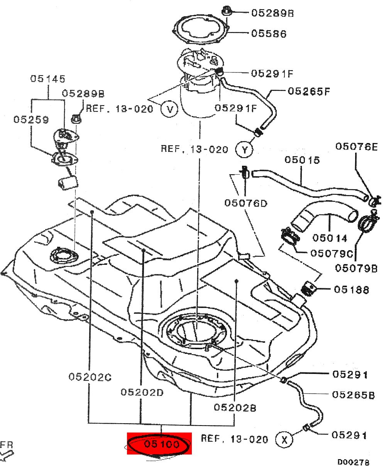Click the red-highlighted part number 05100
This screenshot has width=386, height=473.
tap(161, 444)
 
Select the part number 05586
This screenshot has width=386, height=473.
tap(269, 34)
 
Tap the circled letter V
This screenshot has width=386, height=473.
tap(170, 109)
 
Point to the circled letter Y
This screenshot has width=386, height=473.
tap(244, 150)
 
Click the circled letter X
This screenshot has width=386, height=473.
tap(284, 439)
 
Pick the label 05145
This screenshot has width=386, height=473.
tap(48, 79)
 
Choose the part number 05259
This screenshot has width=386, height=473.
tap(31, 120)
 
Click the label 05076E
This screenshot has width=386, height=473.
tap(356, 147)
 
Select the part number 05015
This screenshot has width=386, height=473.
tap(302, 160)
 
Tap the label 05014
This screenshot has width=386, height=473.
tap(330, 238)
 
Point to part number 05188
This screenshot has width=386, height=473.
tap(351, 290)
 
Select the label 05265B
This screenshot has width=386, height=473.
tap(353, 395)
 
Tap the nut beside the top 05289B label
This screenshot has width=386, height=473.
tap(227, 10)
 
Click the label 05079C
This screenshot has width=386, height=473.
tap(332, 253)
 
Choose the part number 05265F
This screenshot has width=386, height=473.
tap(309, 91)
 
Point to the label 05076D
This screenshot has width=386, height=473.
tap(246, 203)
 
